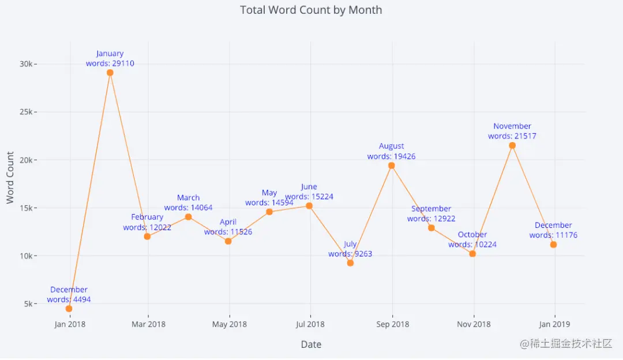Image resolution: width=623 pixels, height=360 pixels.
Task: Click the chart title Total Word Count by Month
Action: click(311, 10)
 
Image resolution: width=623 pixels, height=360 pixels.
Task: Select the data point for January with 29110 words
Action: click(110, 73)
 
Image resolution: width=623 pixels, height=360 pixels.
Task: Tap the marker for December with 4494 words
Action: click(69, 309)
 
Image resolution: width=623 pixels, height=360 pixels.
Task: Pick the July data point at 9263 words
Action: click(350, 263)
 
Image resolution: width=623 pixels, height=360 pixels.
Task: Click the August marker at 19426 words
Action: click(392, 166)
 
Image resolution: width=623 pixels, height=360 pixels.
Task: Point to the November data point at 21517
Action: click(512, 145)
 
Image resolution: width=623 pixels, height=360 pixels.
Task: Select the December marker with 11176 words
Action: click(553, 245)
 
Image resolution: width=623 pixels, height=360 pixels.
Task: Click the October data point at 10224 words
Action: click(472, 254)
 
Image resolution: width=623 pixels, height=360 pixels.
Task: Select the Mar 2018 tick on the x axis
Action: click(148, 324)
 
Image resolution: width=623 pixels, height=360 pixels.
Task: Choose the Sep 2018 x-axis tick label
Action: click(392, 324)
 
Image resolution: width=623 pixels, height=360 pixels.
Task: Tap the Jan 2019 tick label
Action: click(554, 324)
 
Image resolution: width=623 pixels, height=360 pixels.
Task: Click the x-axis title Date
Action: click(311, 345)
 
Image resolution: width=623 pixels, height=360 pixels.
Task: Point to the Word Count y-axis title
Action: click(10, 178)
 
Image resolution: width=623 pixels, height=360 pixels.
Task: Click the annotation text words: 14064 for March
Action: click(188, 208)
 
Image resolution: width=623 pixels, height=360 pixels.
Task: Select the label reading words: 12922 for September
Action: click(431, 219)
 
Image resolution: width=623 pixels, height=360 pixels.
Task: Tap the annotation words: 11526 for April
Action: click(228, 232)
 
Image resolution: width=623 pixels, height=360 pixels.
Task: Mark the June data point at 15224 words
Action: click(309, 206)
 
